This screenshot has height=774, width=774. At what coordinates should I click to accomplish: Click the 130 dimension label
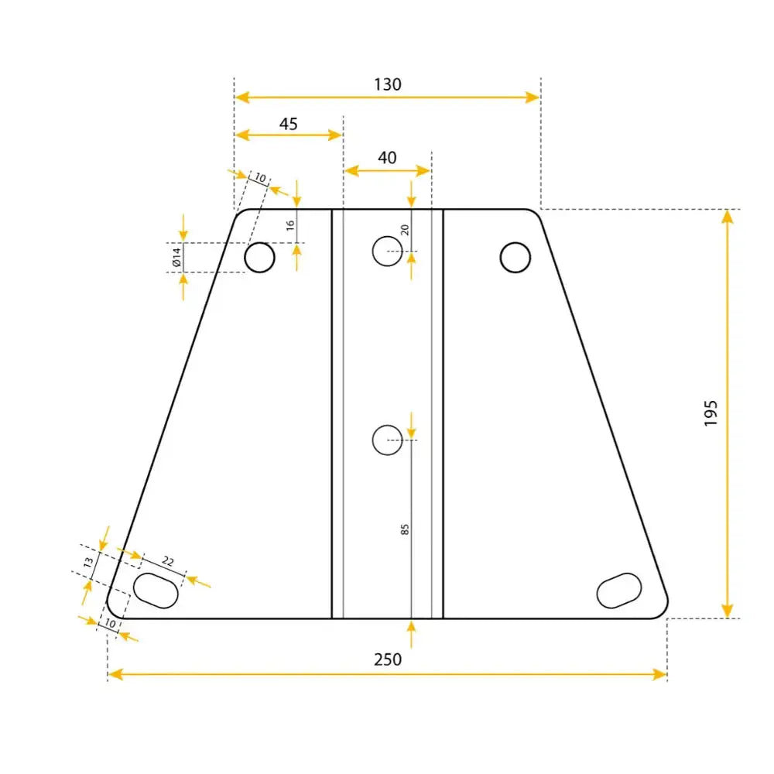click(387, 84)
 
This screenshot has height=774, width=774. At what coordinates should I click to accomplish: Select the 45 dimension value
click(288, 124)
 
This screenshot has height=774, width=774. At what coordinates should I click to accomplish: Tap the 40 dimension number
click(387, 158)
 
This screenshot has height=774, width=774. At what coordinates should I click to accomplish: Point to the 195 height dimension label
click(711, 413)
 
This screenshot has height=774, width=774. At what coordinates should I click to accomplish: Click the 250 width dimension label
click(387, 659)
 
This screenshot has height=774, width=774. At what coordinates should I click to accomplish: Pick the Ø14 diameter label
click(176, 257)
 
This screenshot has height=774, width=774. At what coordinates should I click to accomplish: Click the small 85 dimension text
click(405, 529)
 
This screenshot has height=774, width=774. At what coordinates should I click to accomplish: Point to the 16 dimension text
click(290, 225)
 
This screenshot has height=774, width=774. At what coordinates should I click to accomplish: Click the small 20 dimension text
click(404, 229)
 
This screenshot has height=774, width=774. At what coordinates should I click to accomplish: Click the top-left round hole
click(260, 257)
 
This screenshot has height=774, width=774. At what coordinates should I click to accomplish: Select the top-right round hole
click(515, 257)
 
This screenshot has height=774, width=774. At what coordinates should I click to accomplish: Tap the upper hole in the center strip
click(388, 250)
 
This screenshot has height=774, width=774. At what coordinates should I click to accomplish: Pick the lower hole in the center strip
click(388, 440)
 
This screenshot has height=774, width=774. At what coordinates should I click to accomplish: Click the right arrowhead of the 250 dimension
click(659, 674)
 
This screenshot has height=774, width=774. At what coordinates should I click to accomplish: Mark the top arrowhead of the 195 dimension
click(727, 216)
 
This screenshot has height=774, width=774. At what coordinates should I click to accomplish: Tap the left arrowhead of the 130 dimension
click(241, 97)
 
